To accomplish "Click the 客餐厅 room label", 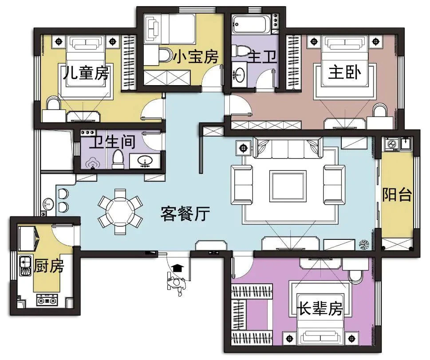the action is point(185,214).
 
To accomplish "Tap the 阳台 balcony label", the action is point(397,195).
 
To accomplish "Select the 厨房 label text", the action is point(49,266).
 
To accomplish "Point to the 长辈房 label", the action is point(320,308).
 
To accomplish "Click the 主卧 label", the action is point(344,72).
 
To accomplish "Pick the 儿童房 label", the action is point(86,72).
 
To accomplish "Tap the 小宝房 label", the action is point(196,56).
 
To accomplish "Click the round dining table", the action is point(120,211).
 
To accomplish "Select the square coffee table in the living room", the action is point(288,186).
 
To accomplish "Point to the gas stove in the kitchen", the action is point(47,300).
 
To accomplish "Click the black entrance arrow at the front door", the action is point(178,267).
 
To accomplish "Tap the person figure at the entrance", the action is point(176,285).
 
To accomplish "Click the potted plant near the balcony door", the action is point(365,245).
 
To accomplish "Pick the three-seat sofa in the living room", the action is point(288,147).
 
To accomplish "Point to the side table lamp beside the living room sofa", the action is point(243,148).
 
